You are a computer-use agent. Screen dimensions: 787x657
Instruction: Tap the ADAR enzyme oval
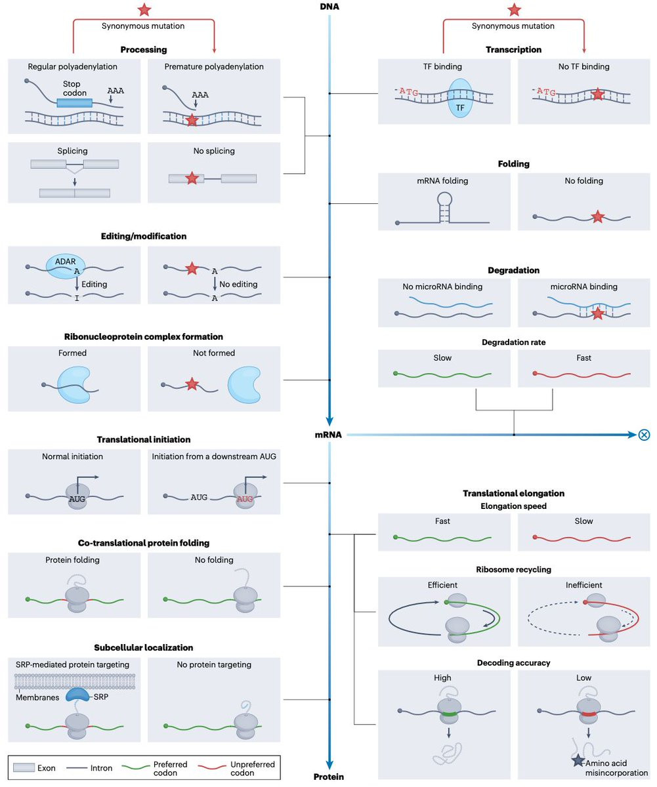click(x=66, y=263)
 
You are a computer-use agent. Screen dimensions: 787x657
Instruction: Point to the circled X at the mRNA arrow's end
click(x=644, y=434)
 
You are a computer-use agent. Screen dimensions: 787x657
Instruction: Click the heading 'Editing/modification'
click(x=144, y=235)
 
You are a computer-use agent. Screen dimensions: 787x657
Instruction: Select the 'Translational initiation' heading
click(x=144, y=439)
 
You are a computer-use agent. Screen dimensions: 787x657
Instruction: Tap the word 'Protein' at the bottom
click(x=329, y=777)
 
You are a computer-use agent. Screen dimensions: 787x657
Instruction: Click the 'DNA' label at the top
click(x=329, y=7)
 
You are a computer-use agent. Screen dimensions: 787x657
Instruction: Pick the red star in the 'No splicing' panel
click(x=192, y=178)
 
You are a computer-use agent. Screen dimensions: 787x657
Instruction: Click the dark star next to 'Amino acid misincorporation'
click(x=578, y=761)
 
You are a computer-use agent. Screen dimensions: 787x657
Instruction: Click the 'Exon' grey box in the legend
click(x=23, y=767)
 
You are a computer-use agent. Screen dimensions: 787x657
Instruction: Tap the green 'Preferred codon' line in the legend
click(x=135, y=767)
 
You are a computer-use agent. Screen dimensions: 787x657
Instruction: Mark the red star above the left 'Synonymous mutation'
click(x=143, y=10)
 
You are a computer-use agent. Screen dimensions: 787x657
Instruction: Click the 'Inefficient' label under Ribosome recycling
click(x=583, y=585)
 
